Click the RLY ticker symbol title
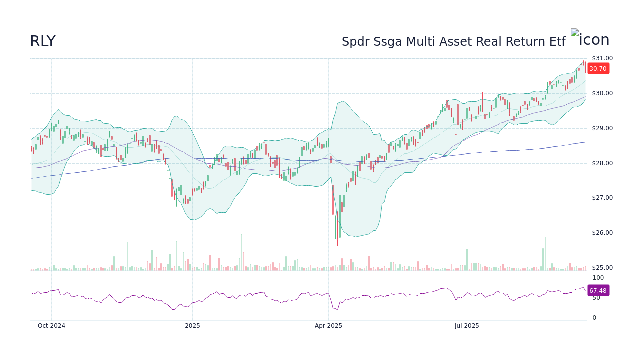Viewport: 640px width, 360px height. (x=43, y=42)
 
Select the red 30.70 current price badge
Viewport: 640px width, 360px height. (x=598, y=69)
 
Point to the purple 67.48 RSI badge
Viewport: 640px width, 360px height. (x=598, y=290)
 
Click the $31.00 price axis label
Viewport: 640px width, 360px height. (x=602, y=58)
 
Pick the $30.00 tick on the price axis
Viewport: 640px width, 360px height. (x=602, y=93)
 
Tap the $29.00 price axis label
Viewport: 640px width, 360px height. (x=602, y=128)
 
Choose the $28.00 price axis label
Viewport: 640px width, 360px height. (x=602, y=163)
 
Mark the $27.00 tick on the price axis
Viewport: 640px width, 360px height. (x=602, y=198)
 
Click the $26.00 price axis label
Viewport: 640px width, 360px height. (x=602, y=233)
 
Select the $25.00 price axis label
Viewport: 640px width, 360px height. (x=602, y=268)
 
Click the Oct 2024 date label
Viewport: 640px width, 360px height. (x=51, y=326)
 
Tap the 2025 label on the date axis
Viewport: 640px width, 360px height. (x=192, y=326)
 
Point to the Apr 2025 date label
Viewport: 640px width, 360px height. (x=328, y=326)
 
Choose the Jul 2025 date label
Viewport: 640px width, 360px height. (x=467, y=326)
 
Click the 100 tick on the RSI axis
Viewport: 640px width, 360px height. (x=598, y=278)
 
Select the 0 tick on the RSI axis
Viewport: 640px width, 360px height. (x=594, y=318)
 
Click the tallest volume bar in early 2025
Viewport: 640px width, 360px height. (x=241, y=252)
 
